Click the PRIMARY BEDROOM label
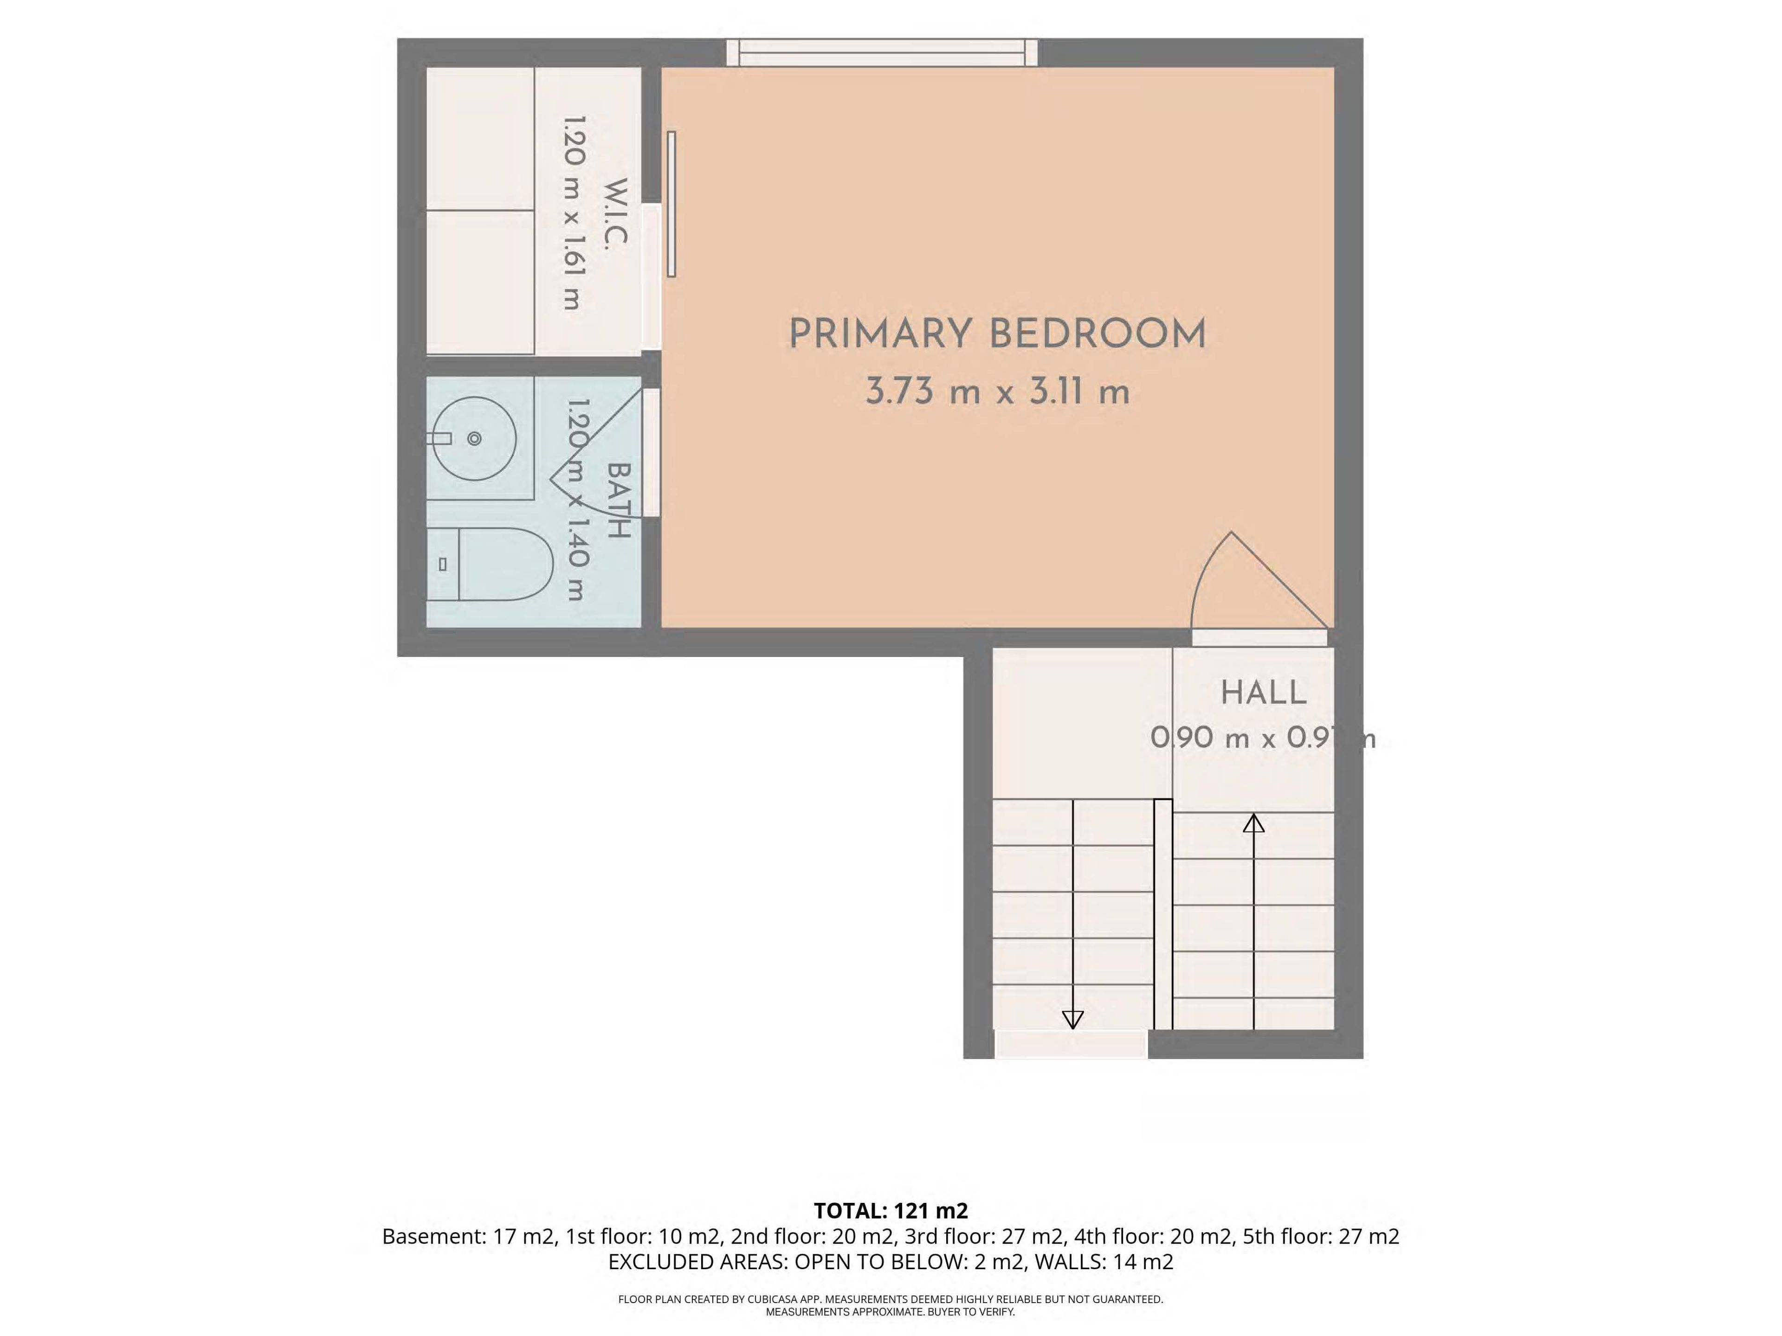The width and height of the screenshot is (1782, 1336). pyautogui.click(x=997, y=334)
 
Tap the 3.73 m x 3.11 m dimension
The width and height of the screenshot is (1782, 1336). pyautogui.click(x=997, y=392)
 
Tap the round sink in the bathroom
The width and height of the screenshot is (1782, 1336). pyautogui.click(x=474, y=439)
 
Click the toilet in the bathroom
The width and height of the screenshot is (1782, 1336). pyautogui.click(x=489, y=565)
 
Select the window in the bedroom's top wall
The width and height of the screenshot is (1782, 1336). pyautogui.click(x=882, y=52)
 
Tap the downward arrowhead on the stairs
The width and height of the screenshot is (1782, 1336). pyautogui.click(x=1073, y=1020)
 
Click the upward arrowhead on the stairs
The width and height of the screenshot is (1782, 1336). pyautogui.click(x=1253, y=823)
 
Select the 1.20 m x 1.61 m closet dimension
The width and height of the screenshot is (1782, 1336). pyautogui.click(x=574, y=213)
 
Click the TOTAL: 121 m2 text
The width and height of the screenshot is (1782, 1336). pyautogui.click(x=891, y=1210)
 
